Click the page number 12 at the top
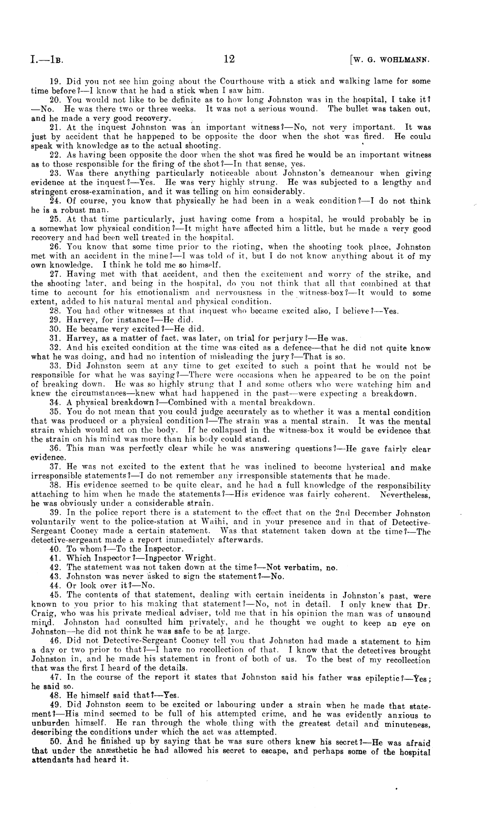pos(229,59)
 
